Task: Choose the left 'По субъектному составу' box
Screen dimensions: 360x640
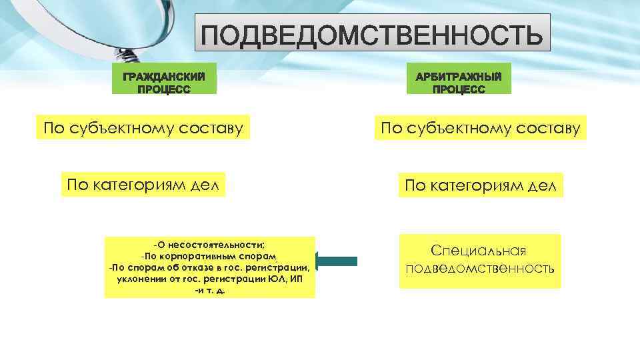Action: tap(142, 127)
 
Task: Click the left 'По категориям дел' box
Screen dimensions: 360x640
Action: tap(143, 183)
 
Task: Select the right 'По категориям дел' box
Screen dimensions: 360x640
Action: tap(481, 185)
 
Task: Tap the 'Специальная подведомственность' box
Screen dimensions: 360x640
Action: tap(480, 260)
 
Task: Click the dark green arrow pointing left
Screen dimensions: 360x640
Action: tap(337, 261)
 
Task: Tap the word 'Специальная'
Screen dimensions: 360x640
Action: tap(479, 251)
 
